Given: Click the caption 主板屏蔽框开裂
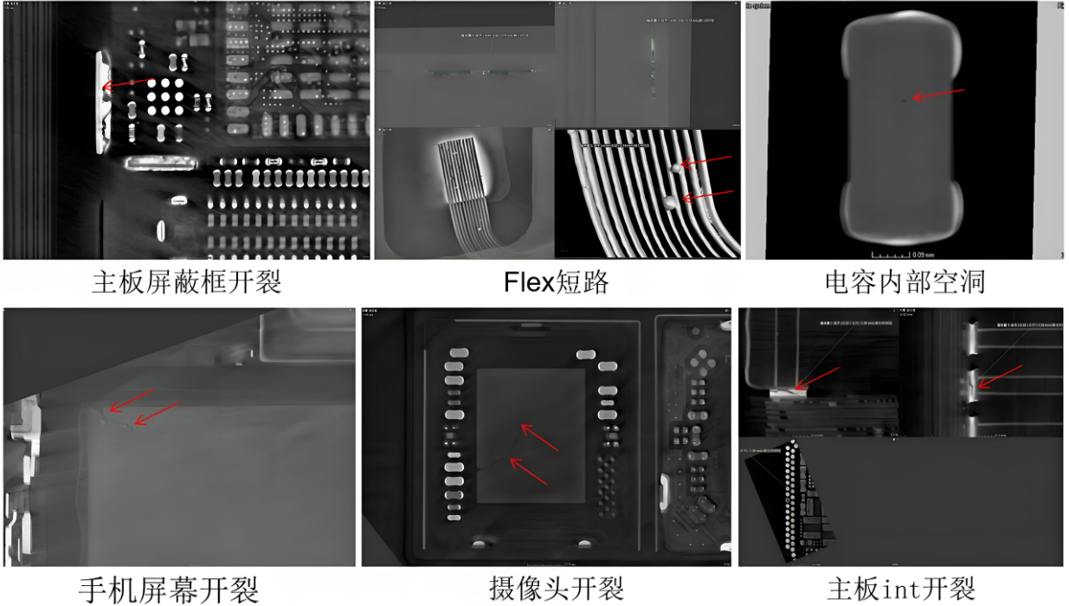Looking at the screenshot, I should (x=186, y=282).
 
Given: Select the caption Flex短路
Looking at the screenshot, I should (x=558, y=282).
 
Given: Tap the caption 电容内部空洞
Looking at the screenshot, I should (x=905, y=282).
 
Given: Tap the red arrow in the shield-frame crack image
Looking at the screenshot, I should (x=125, y=84).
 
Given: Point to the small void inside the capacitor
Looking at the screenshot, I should (x=905, y=100).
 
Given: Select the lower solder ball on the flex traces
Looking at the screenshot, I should (x=670, y=203).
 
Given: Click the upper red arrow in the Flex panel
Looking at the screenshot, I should (x=706, y=159).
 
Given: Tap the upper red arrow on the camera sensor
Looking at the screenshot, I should (x=539, y=437).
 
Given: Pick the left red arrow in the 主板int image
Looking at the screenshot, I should (x=817, y=378).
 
